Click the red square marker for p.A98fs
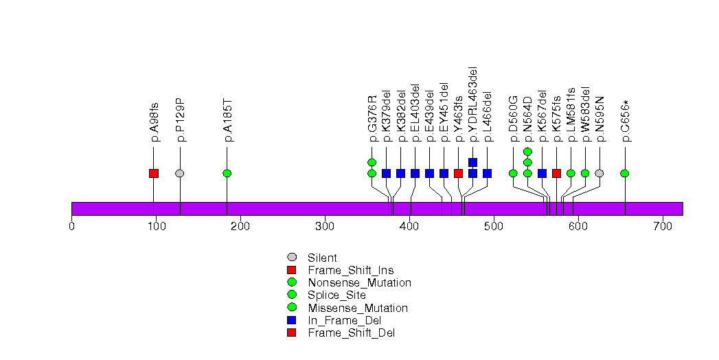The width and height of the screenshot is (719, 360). tap(154, 173)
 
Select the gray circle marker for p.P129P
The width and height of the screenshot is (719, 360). tap(180, 173)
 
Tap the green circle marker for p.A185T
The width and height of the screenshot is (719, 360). tap(227, 173)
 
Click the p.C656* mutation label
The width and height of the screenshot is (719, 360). tap(626, 121)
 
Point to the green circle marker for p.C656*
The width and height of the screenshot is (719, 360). tap(625, 173)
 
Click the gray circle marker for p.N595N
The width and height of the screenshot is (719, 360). tap(600, 173)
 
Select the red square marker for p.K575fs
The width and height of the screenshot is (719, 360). tap(556, 173)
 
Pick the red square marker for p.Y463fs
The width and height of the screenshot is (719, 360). tap(458, 173)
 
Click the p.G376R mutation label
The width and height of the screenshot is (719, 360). tap(372, 119)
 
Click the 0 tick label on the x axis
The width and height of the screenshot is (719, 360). tap(72, 225)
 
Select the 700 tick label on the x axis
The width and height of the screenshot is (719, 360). tap(663, 225)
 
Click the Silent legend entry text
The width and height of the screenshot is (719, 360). tap(323, 258)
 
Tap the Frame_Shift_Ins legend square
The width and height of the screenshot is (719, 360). tap(292, 270)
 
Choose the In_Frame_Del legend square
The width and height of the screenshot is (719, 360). tap(292, 320)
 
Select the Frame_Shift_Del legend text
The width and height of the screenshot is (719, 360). tap(352, 333)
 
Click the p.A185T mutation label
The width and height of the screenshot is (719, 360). tap(229, 120)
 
